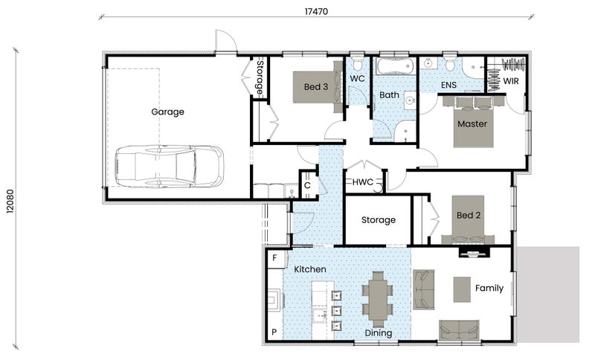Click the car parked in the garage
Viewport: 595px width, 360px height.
coord(170,166)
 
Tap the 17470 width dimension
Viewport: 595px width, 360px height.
coord(316,11)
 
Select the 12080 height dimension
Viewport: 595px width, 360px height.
coord(10,201)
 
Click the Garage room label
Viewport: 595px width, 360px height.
coord(167,112)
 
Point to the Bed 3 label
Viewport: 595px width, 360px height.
coord(315,87)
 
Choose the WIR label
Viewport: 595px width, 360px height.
coord(511,81)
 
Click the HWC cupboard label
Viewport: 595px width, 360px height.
coord(363,182)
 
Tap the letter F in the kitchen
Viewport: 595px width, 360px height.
coord(274,258)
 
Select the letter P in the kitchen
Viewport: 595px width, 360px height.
coord(274,332)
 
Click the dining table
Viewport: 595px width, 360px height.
coord(378,299)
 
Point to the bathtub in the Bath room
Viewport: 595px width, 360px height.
coord(394,66)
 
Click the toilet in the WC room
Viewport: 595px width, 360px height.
coord(357,63)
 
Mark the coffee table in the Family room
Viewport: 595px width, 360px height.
coord(462,289)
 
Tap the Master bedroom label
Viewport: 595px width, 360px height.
coord(472,123)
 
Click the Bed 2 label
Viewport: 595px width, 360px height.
coord(469,216)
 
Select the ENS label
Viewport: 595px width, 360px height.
coord(448,85)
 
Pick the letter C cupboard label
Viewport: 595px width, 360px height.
coord(307,185)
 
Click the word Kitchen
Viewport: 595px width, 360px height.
coord(310,269)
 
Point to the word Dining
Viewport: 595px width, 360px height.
coord(379,333)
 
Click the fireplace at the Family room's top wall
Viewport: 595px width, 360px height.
coord(475,252)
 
